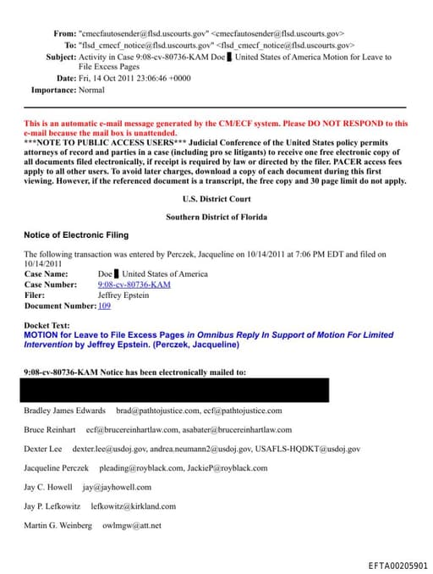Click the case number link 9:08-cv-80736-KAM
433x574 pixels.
(x=134, y=284)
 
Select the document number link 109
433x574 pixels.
(x=104, y=306)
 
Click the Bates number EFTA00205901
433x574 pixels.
(x=397, y=566)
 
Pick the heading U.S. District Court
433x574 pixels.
(x=216, y=199)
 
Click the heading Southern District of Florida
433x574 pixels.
(x=216, y=218)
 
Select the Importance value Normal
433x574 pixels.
(x=91, y=89)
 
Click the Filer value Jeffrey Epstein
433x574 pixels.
(x=123, y=295)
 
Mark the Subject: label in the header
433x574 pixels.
(x=60, y=57)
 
